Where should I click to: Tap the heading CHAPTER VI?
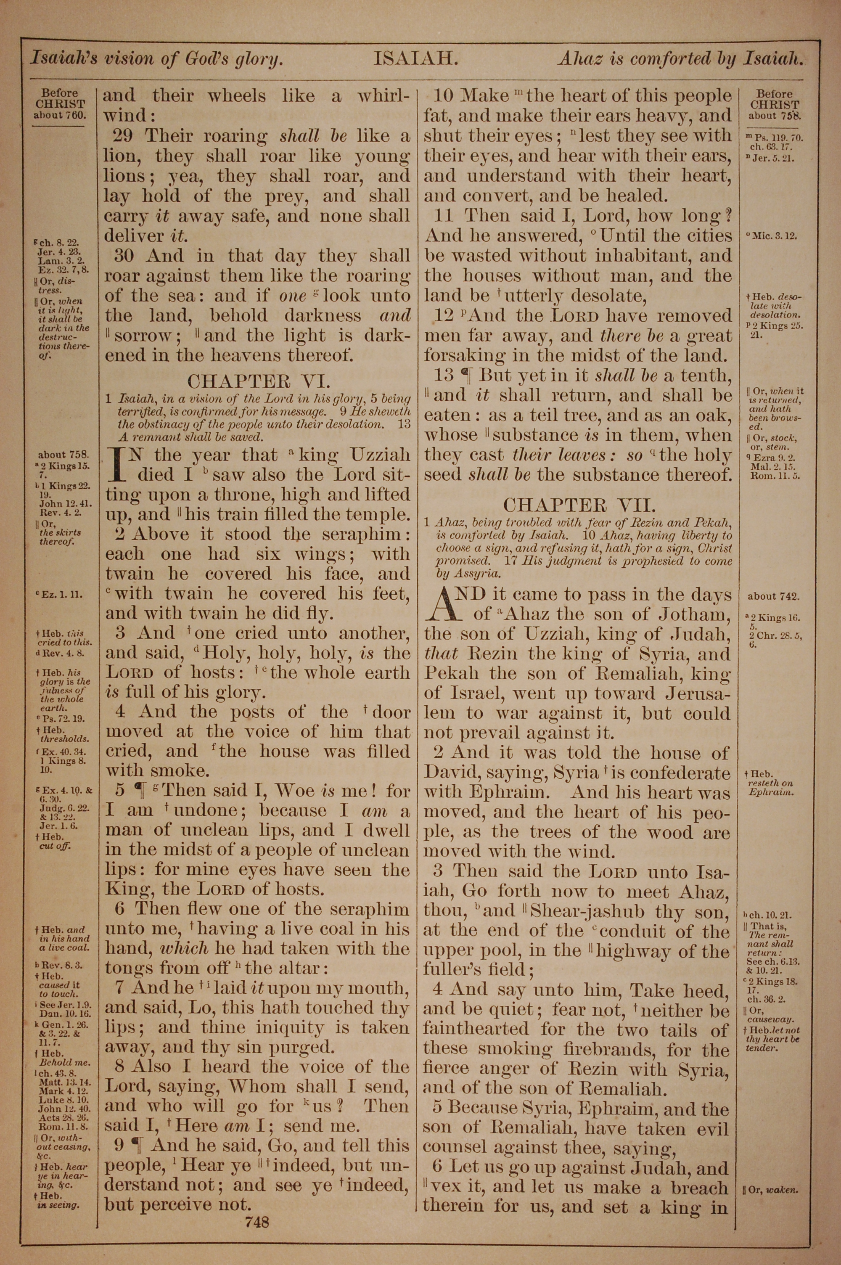pyautogui.click(x=258, y=381)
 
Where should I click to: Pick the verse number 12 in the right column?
pyautogui.click(x=444, y=315)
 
